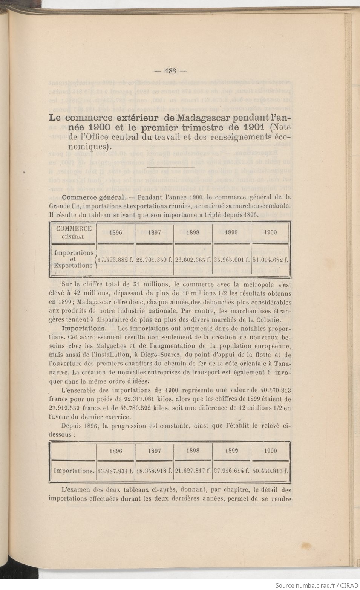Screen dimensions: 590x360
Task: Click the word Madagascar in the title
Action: point(201,117)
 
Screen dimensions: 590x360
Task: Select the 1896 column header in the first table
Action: point(115,232)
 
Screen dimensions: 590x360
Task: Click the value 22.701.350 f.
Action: point(155,260)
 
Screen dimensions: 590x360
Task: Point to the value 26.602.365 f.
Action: point(193,260)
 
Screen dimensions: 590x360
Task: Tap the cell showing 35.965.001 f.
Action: point(231,260)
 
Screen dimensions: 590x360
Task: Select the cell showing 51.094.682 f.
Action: point(270,260)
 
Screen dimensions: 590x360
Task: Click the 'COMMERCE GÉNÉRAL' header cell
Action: point(74,232)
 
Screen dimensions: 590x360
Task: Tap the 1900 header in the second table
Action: point(270,451)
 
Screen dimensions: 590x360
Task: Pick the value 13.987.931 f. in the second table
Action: point(116,471)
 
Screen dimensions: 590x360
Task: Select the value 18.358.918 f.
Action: point(155,471)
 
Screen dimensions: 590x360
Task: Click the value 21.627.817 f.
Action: point(193,471)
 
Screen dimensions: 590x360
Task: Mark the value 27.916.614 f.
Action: point(231,471)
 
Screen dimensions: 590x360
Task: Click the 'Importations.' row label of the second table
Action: point(74,471)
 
